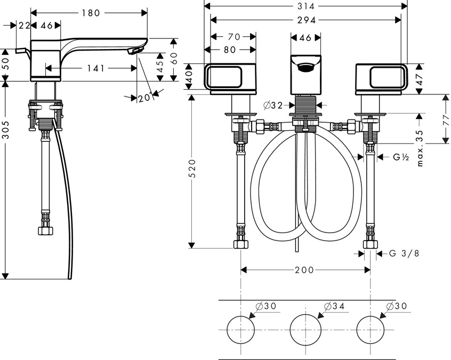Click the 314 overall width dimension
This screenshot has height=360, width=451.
(306, 6)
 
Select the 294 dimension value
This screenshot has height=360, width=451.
(306, 20)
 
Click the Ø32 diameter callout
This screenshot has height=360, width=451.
(272, 106)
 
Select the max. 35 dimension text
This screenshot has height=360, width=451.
(421, 147)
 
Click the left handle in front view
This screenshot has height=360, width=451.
(230, 78)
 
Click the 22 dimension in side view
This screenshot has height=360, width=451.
(23, 25)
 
